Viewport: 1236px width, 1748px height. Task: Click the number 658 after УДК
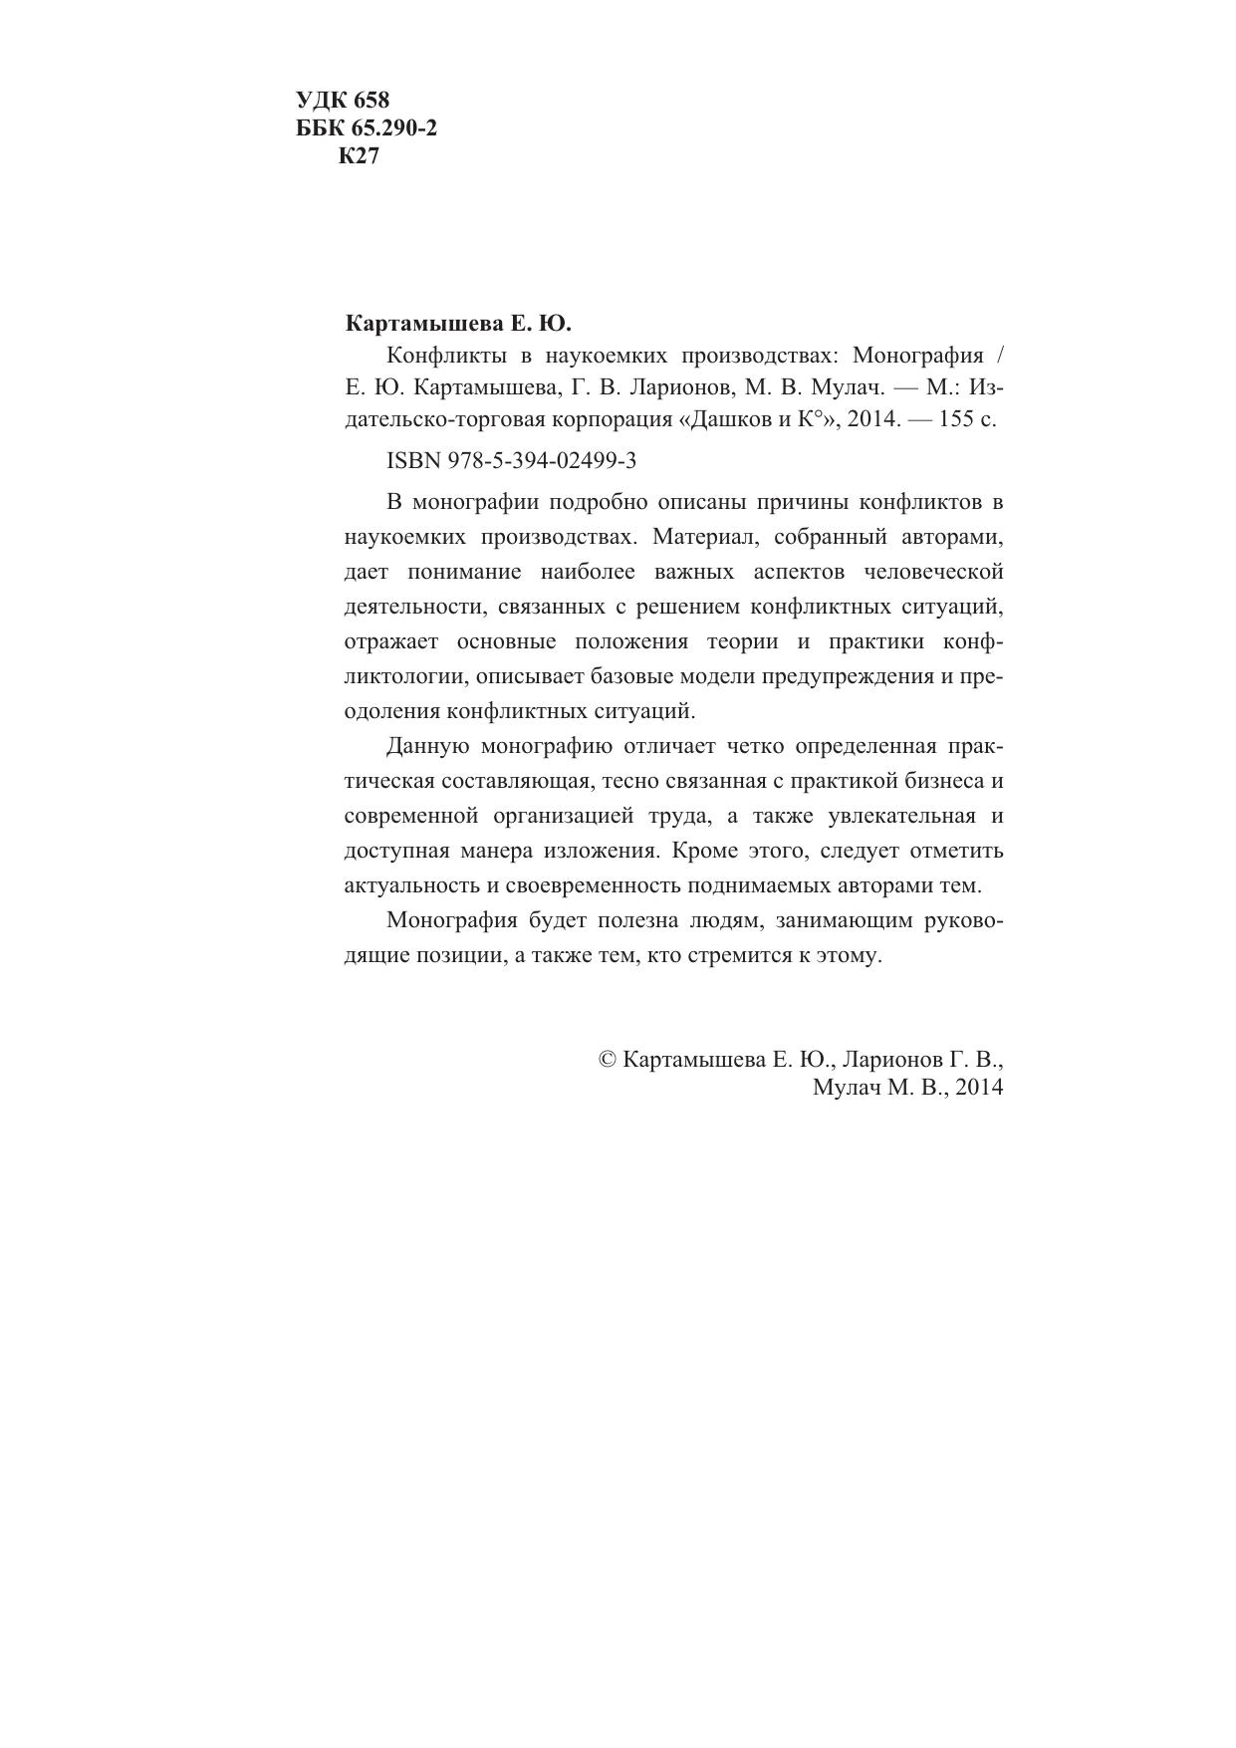(371, 101)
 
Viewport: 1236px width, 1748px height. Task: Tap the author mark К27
(359, 156)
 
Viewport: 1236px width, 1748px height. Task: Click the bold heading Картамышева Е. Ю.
(458, 325)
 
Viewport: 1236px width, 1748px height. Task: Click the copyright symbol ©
(607, 1060)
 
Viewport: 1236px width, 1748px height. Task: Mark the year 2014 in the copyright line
(978, 1088)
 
